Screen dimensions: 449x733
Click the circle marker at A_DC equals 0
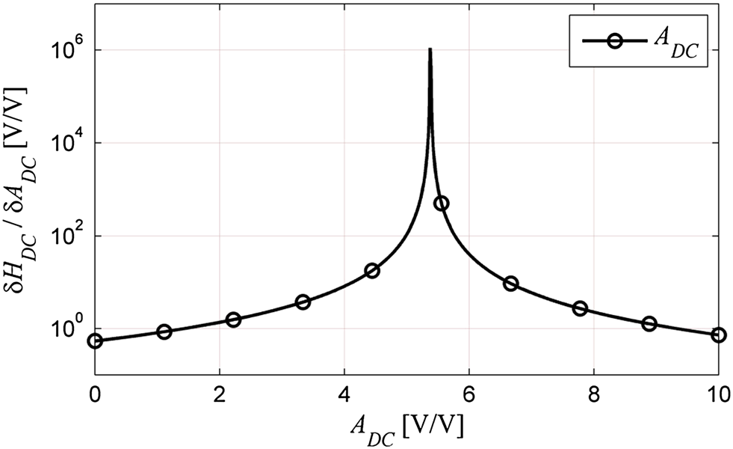(95, 341)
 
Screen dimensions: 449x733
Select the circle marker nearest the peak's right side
(441, 203)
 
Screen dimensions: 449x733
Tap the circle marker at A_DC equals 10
(718, 335)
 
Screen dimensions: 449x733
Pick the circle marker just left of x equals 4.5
(371, 271)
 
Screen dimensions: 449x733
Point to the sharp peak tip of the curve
(430, 49)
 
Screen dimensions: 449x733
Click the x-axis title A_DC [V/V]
(406, 427)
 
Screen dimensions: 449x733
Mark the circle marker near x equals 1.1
(164, 332)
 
